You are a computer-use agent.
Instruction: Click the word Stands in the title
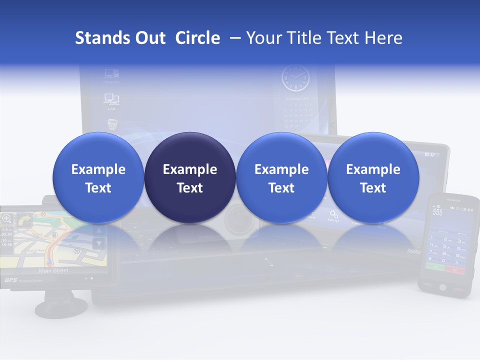pyautogui.click(x=95, y=38)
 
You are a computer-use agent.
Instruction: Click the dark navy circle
pyautogui.click(x=190, y=178)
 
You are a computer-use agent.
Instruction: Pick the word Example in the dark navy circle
pyautogui.click(x=190, y=169)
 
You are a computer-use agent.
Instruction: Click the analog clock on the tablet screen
pyautogui.click(x=295, y=78)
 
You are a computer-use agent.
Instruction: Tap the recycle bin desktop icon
pyautogui.click(x=112, y=124)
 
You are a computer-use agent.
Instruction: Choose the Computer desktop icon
pyautogui.click(x=111, y=75)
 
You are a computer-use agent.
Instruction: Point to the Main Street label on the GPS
pyautogui.click(x=53, y=270)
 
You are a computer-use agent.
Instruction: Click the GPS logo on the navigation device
pyautogui.click(x=11, y=280)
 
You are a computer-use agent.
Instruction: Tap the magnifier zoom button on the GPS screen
pyautogui.click(x=7, y=218)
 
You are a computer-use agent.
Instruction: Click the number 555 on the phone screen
pyautogui.click(x=437, y=212)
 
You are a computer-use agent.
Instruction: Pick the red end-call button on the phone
pyautogui.click(x=455, y=269)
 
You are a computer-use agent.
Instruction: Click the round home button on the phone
pyautogui.click(x=442, y=287)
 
